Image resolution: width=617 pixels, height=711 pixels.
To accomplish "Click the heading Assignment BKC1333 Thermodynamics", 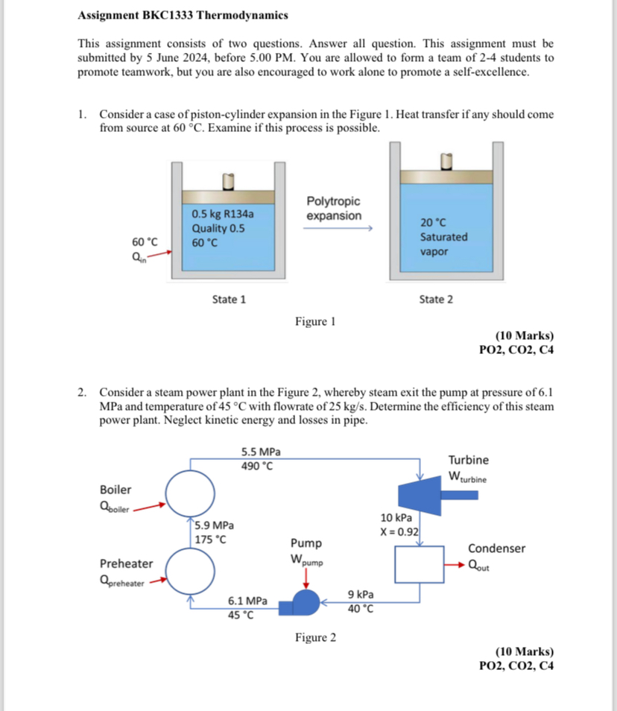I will (183, 15).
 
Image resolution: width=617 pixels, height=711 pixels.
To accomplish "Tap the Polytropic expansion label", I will (333, 209).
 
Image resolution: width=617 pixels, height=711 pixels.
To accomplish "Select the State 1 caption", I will (229, 299).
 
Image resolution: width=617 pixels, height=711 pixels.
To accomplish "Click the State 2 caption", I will (435, 299).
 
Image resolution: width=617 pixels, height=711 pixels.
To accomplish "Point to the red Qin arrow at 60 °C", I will (162, 253).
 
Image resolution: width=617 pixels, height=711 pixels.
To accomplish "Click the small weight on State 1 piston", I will (229, 181).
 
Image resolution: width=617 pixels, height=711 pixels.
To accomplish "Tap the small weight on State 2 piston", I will (446, 162).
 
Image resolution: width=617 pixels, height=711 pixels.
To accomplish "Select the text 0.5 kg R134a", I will (223, 214).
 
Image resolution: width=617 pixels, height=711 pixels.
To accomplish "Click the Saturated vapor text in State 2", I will (443, 244).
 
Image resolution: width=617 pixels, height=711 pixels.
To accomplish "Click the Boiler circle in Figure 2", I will (190, 494).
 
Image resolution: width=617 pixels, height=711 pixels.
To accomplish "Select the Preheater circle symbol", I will (190, 569).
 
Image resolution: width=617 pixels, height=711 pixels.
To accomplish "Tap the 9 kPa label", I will (361, 595).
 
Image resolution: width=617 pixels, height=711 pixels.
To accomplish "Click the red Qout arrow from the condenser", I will (455, 564).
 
